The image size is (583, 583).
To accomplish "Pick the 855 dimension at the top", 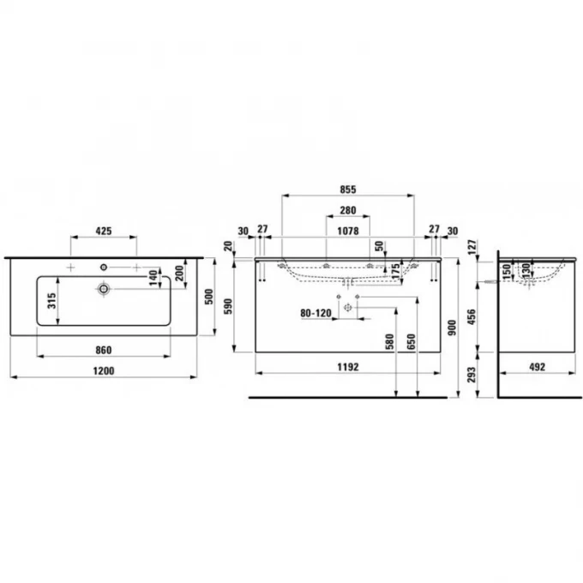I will point(348,189).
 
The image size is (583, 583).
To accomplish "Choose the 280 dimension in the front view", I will point(348,211).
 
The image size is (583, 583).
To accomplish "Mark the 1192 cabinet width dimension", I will point(347,366).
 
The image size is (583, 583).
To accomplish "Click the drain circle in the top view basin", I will point(105,289).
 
